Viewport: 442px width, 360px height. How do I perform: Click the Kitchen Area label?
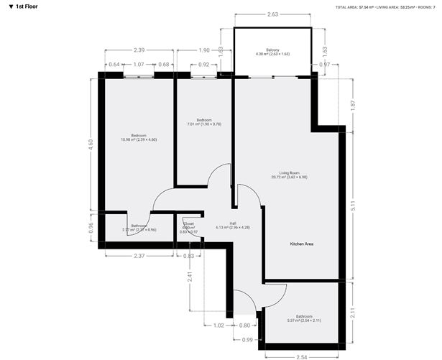click(x=302, y=244)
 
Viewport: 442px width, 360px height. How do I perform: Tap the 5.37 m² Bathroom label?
click(x=303, y=318)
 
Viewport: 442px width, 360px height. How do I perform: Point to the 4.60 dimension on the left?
click(x=91, y=143)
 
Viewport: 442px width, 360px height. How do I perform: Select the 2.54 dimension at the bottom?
click(x=302, y=356)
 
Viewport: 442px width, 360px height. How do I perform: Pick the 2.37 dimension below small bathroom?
click(x=138, y=256)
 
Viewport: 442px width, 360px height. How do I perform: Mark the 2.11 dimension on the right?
click(x=353, y=312)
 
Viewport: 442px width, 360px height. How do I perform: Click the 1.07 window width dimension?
click(x=138, y=65)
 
